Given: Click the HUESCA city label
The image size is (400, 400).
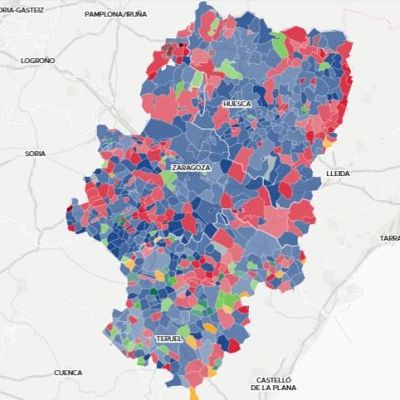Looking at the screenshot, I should [x=238, y=103].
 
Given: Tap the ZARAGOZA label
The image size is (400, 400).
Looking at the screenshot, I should [x=191, y=168].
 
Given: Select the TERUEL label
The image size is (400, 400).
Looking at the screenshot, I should [x=169, y=339].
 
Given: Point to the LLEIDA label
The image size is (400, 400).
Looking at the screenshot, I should [x=338, y=173].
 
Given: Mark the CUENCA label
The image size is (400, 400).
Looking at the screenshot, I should [x=68, y=372].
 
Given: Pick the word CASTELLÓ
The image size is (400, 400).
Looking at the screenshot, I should [x=273, y=379].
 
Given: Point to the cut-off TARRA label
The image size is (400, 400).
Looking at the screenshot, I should [x=390, y=238].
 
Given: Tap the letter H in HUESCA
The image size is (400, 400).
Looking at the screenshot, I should [x=227, y=103].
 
